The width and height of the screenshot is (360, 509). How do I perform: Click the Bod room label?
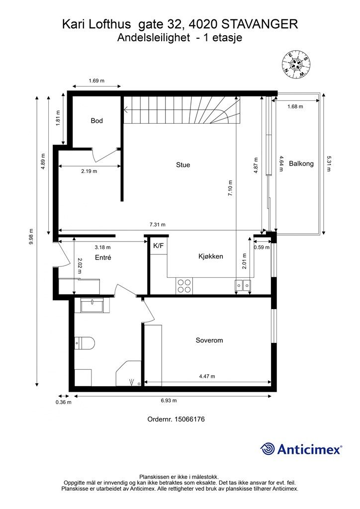(97, 121)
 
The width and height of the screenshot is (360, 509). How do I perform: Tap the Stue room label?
(183, 165)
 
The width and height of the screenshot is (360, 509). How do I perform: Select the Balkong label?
(301, 164)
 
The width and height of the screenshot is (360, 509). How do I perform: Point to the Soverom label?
(209, 340)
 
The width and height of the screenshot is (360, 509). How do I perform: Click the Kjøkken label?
(211, 256)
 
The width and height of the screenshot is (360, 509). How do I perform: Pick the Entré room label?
(103, 257)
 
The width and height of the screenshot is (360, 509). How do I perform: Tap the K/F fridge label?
(159, 246)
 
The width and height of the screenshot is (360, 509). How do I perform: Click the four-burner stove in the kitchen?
(184, 286)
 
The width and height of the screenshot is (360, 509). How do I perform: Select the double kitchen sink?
(243, 285)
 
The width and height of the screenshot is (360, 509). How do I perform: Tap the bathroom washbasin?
(92, 305)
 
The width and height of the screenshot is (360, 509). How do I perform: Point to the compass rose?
(295, 65)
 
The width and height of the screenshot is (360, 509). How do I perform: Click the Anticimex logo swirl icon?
(268, 449)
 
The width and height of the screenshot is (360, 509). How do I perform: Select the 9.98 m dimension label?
(31, 238)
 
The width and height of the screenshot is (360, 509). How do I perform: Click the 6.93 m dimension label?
(169, 401)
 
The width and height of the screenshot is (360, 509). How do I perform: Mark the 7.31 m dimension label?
(158, 225)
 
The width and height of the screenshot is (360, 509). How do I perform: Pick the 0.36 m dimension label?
(64, 402)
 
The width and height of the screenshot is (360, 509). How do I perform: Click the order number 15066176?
(189, 419)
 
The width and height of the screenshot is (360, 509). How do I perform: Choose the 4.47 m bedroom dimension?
(207, 376)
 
